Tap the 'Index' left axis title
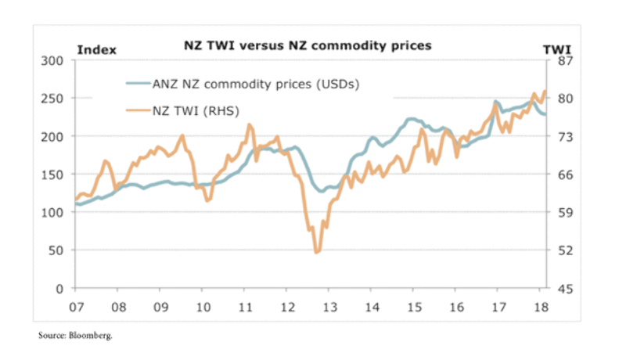coord(96,50)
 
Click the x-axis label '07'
coord(77,305)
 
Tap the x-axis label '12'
coord(286,305)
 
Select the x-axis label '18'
coord(540,305)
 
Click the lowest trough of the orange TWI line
coord(316,252)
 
